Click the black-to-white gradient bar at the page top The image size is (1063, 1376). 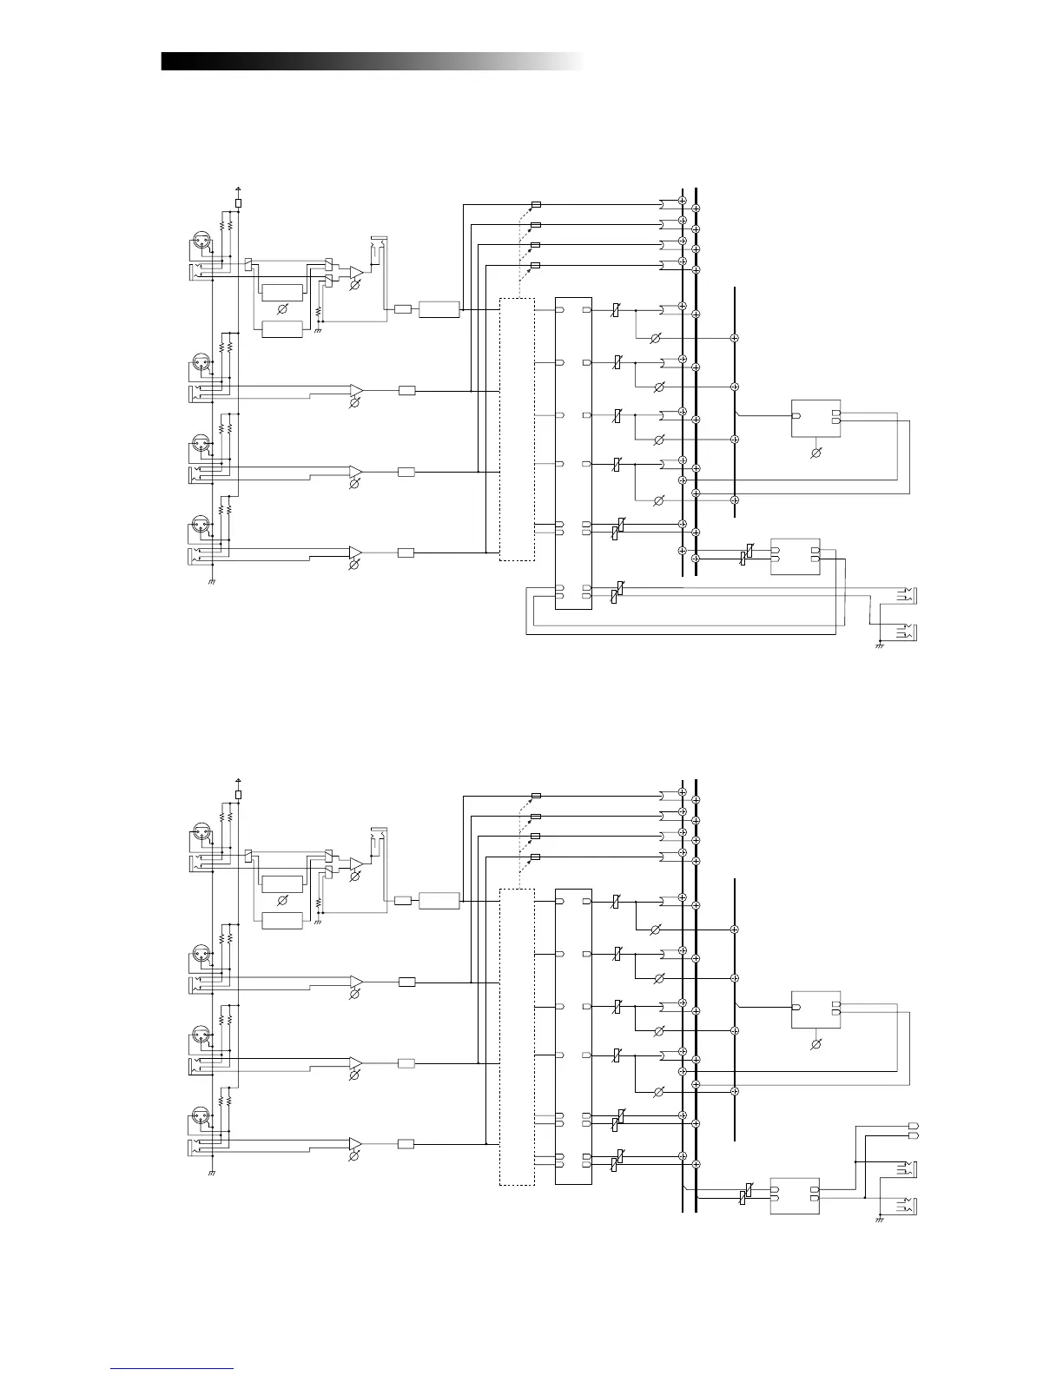(x=372, y=61)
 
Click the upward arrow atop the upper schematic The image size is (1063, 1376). (x=239, y=189)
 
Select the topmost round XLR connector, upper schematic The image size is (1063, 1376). (x=200, y=242)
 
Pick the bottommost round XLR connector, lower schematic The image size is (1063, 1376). (x=200, y=1115)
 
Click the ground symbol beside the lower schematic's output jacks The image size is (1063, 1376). (x=879, y=1220)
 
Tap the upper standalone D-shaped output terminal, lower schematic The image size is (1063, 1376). (x=912, y=1127)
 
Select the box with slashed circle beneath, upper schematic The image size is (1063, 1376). (x=815, y=417)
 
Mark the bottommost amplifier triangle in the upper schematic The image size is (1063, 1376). (x=356, y=552)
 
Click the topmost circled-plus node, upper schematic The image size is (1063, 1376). (x=683, y=202)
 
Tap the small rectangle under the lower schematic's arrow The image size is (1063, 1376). (x=239, y=794)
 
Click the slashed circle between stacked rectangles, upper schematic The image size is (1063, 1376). (x=282, y=309)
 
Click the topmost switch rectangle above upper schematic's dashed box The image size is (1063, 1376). (x=536, y=205)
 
